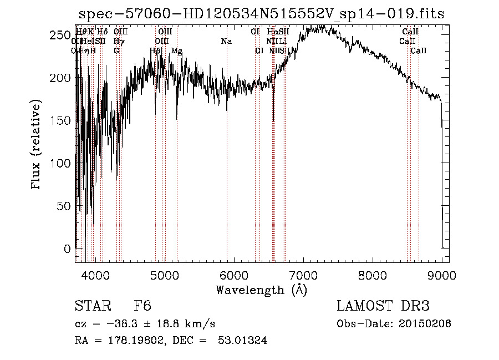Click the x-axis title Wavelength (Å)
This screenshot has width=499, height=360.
pos(261,290)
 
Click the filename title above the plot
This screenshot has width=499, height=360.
pos(262,14)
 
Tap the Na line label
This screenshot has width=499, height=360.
pos(226,42)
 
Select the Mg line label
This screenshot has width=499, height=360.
pos(177,51)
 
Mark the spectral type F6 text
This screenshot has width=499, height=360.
pos(142,306)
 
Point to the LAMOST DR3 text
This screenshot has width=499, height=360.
pos(383,306)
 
